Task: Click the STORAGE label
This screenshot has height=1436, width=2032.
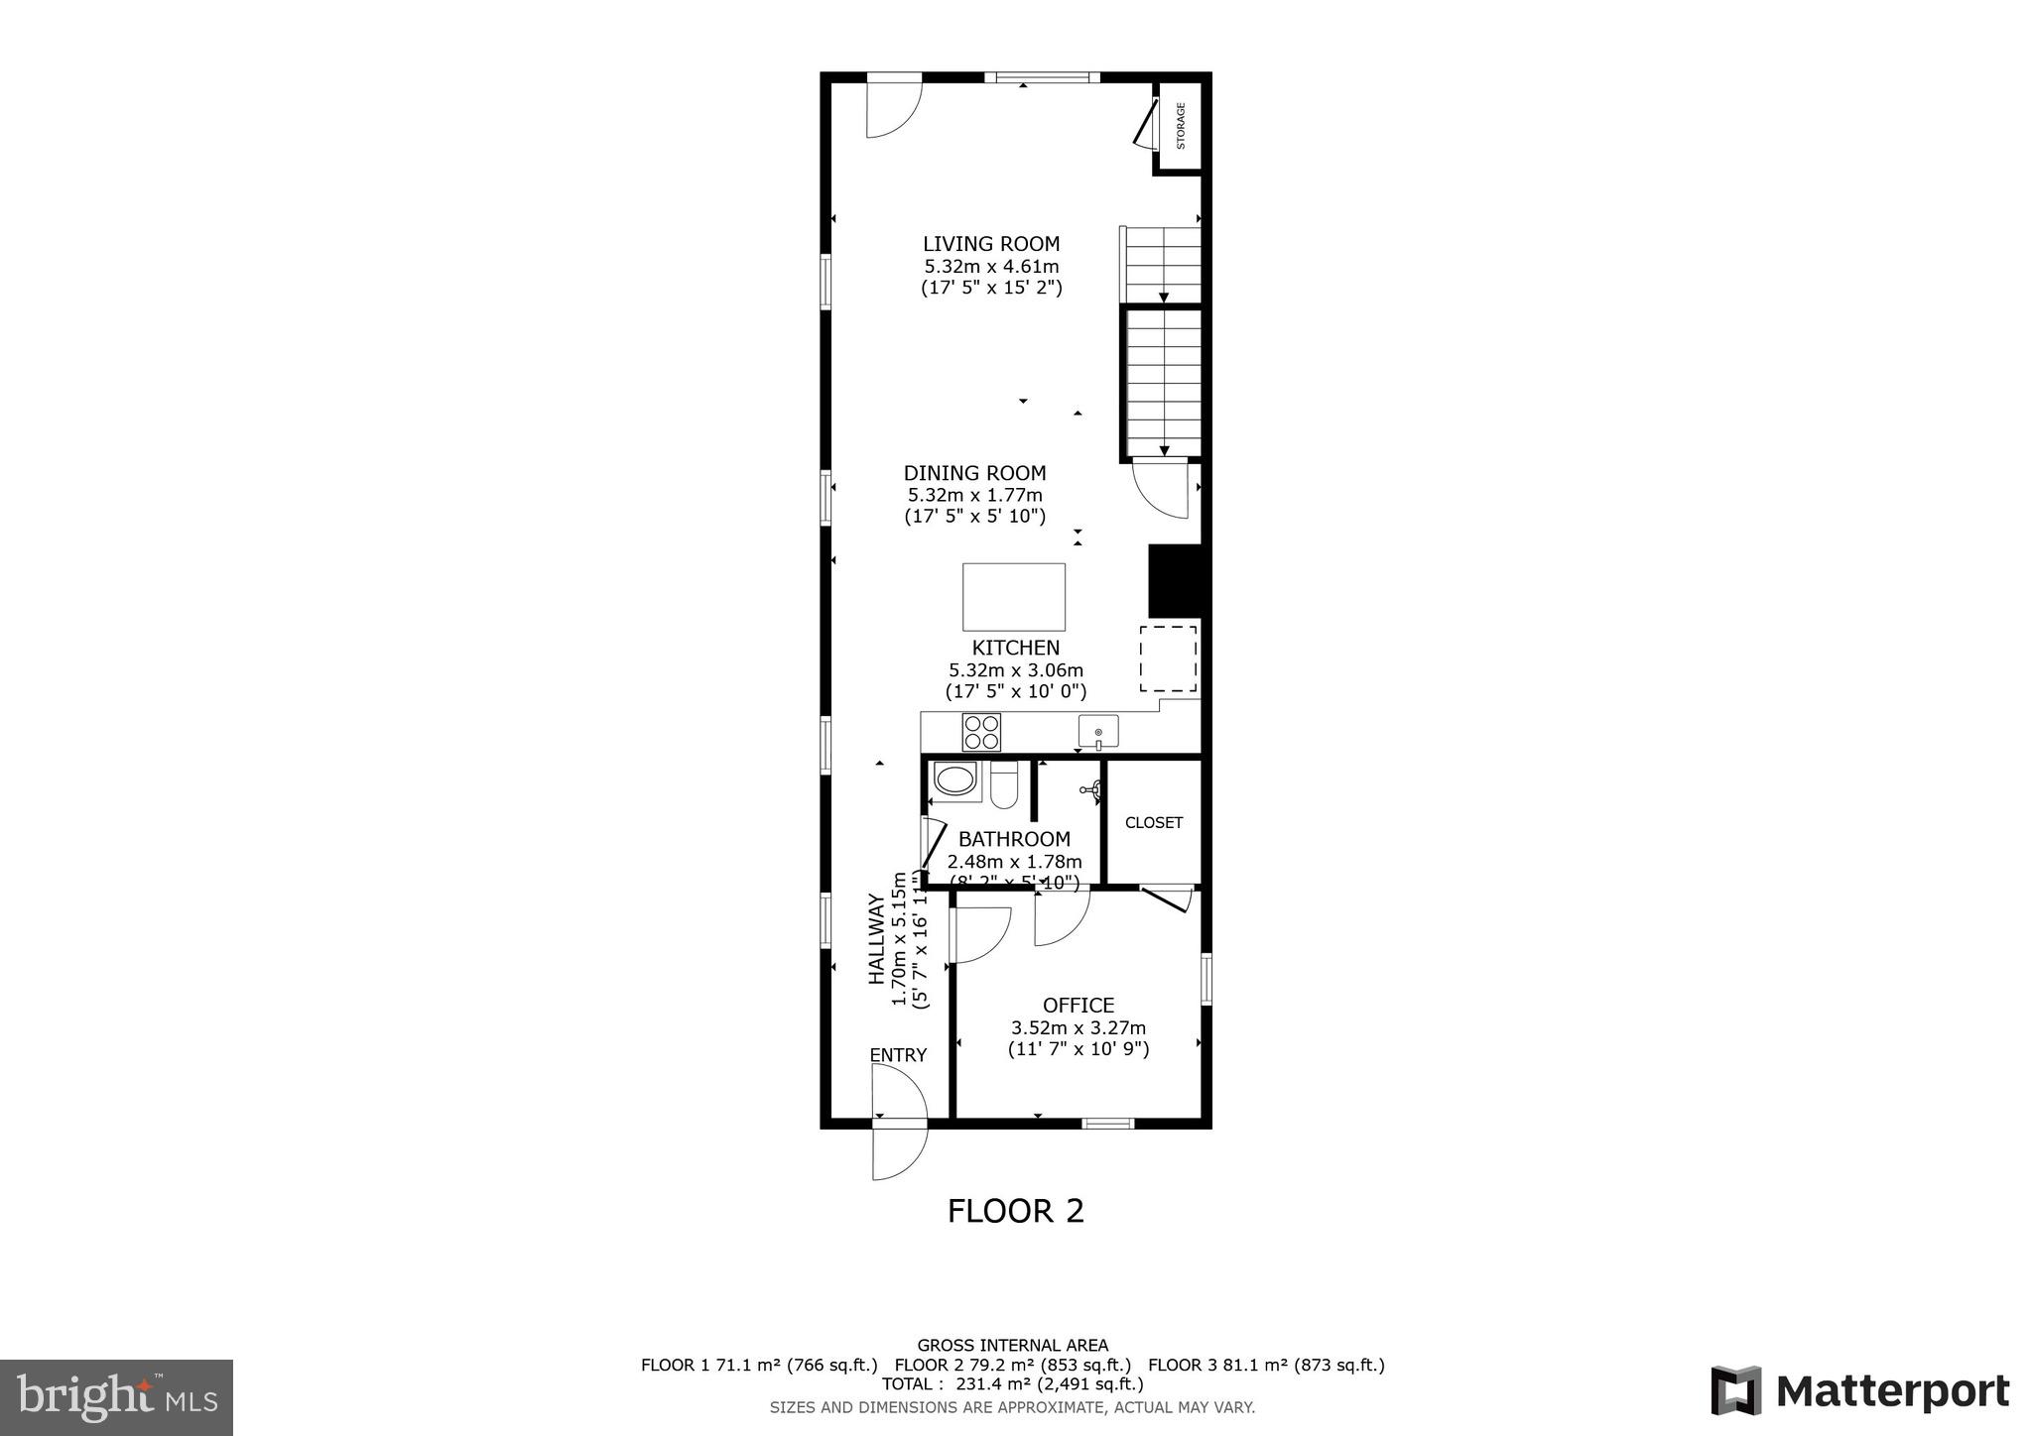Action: click(1181, 126)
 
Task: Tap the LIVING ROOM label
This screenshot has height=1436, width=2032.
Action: click(990, 244)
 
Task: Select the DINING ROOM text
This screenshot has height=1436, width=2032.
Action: click(974, 473)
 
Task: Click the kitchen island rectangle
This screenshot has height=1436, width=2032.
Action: click(1013, 597)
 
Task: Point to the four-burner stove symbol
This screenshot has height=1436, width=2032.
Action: click(981, 733)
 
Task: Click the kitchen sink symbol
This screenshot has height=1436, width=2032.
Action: click(1098, 732)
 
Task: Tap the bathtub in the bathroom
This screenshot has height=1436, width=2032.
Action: click(954, 779)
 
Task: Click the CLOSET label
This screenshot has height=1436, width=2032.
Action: click(1153, 822)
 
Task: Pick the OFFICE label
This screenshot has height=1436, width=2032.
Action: click(1078, 1005)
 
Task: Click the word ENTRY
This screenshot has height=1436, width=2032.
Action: click(898, 1055)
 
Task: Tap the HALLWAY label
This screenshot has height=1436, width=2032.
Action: click(876, 939)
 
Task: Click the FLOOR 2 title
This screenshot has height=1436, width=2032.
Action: click(1015, 1211)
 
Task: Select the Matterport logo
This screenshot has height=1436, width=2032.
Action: click(1859, 1391)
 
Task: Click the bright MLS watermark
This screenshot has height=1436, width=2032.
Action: click(116, 1398)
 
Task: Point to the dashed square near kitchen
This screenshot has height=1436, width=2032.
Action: click(1168, 658)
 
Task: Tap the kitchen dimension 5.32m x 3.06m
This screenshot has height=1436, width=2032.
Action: click(1015, 670)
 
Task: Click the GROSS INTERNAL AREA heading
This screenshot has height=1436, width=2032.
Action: click(1012, 1346)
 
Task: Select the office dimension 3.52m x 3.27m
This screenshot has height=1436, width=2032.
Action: click(1078, 1028)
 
